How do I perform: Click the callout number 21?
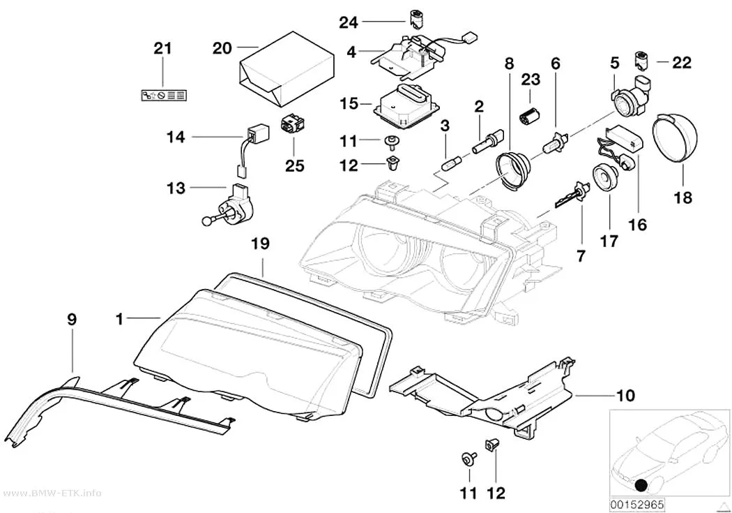pyautogui.click(x=163, y=49)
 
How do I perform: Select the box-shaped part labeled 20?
pyautogui.click(x=286, y=68)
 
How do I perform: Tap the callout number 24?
pyautogui.click(x=349, y=22)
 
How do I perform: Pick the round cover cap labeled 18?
pyautogui.click(x=674, y=135)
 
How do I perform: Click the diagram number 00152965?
pyautogui.click(x=636, y=505)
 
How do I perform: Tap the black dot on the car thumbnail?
pyautogui.click(x=641, y=485)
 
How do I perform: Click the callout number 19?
pyautogui.click(x=261, y=244)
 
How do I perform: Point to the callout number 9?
pyautogui.click(x=71, y=320)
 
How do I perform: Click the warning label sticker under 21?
pyautogui.click(x=163, y=96)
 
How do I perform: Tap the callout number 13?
pyautogui.click(x=176, y=188)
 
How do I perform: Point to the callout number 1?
pyautogui.click(x=120, y=320)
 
